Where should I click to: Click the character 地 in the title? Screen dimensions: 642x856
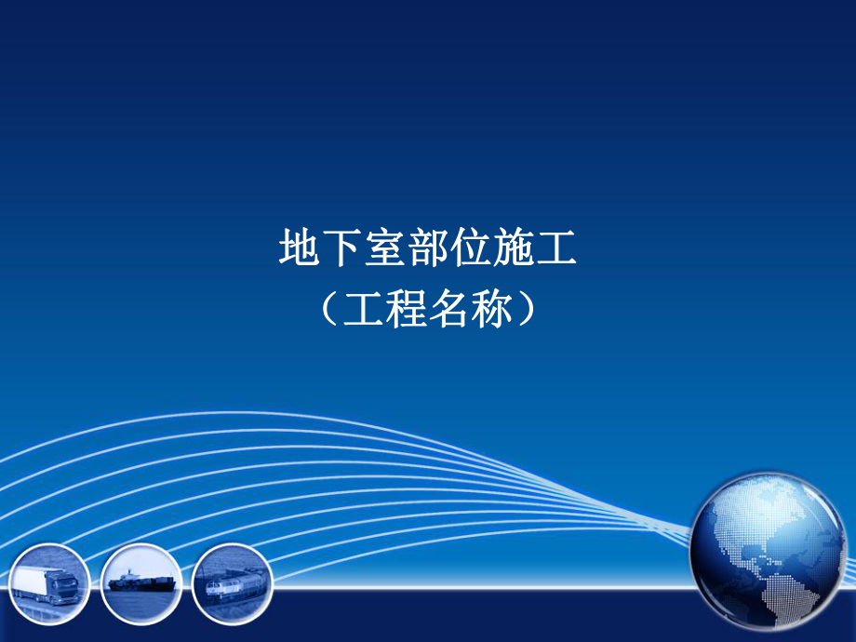click(300, 248)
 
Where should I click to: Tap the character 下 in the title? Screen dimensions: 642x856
click(342, 248)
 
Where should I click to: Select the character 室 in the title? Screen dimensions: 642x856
click(385, 248)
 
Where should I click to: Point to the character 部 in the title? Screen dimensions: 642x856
click(428, 248)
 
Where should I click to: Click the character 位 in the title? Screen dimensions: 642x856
click(471, 248)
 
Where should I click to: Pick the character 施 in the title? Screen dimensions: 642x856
click(514, 248)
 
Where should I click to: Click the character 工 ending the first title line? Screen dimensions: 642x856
click(556, 248)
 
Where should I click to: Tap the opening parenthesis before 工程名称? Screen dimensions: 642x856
click(326, 310)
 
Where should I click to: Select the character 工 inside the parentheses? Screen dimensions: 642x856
click(364, 310)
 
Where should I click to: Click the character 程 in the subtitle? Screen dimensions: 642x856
click(407, 310)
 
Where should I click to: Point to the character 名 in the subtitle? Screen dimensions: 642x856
click(449, 310)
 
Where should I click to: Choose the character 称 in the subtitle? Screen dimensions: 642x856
click(492, 310)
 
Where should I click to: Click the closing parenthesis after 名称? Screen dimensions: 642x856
click(529, 310)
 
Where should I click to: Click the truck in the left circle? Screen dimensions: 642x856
click(46, 584)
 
